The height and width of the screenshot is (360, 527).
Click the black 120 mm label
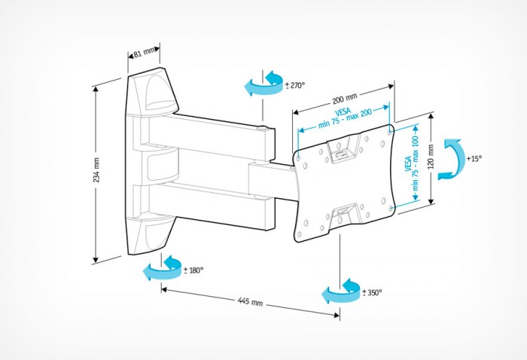430,159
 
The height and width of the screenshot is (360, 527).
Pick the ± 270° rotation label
294,85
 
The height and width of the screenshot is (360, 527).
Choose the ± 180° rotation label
193,270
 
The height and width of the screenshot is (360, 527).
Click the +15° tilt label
474,159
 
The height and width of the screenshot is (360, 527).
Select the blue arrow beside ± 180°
163,267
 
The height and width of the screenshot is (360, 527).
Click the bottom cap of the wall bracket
155,233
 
